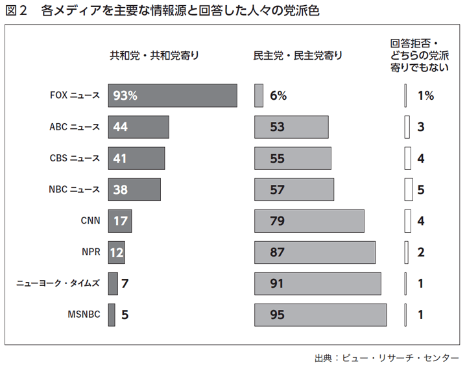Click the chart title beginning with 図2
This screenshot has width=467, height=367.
coord(162,12)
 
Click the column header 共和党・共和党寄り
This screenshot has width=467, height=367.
coord(154,56)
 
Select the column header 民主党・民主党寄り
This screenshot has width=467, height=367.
coord(298,56)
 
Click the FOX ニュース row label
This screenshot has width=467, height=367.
coord(75,96)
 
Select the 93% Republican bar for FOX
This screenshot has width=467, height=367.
coord(173,96)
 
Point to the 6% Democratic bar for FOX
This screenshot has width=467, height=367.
coord(259,96)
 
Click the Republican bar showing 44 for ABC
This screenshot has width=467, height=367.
coord(138,127)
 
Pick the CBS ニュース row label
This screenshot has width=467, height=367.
coord(75,158)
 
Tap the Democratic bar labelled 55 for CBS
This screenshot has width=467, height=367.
coord(293,158)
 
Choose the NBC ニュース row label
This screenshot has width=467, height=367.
coord(75,189)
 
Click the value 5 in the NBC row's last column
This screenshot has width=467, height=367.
coord(421,189)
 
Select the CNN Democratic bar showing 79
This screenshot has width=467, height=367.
coord(309,221)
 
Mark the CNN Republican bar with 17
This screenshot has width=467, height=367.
coord(120,221)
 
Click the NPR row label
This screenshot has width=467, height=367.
coord(91,252)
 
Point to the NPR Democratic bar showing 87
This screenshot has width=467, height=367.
coord(315,252)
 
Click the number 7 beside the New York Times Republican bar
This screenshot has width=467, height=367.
coord(125,283)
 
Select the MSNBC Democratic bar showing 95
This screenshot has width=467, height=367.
coord(320,315)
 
